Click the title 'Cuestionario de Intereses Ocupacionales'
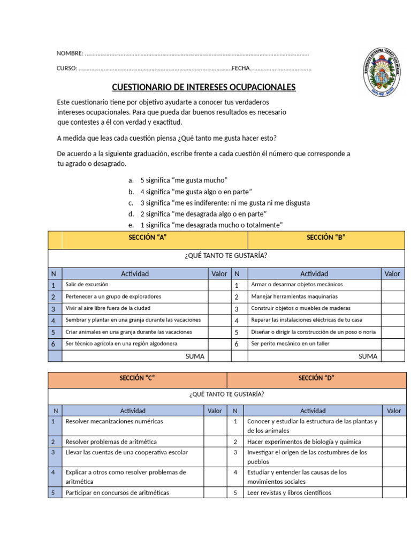click(x=203, y=87)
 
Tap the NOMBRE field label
click(x=70, y=53)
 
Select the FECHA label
click(x=241, y=68)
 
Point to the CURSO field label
click(x=67, y=68)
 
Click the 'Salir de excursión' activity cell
click(x=87, y=285)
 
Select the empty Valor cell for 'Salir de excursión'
click(x=219, y=285)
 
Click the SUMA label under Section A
click(x=195, y=356)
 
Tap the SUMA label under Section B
click(x=368, y=356)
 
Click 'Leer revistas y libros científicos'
click(x=289, y=493)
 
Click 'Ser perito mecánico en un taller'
click(x=290, y=344)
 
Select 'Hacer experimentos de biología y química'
click(x=304, y=442)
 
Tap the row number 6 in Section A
click(x=54, y=344)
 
